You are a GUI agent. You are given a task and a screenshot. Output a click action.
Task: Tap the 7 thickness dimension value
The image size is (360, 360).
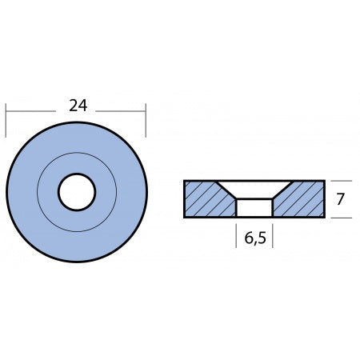point(340,199)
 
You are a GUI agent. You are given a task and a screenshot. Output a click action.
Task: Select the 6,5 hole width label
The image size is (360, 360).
point(256,238)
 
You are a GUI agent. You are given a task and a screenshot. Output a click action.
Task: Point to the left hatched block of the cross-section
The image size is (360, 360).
point(206,199)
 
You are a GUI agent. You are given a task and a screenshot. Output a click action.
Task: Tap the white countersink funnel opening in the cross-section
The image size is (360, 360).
point(254,189)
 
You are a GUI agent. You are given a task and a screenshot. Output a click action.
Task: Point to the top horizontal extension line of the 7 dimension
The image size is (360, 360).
point(339,180)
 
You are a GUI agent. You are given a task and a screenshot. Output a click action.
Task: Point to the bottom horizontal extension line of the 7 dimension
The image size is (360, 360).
point(339,218)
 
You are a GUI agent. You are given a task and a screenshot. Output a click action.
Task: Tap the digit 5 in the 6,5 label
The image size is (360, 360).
point(264,238)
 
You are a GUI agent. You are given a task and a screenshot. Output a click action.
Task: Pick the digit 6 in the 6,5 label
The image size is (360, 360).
point(246,238)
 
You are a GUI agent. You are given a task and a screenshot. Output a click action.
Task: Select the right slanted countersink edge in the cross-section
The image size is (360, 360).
point(281,190)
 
